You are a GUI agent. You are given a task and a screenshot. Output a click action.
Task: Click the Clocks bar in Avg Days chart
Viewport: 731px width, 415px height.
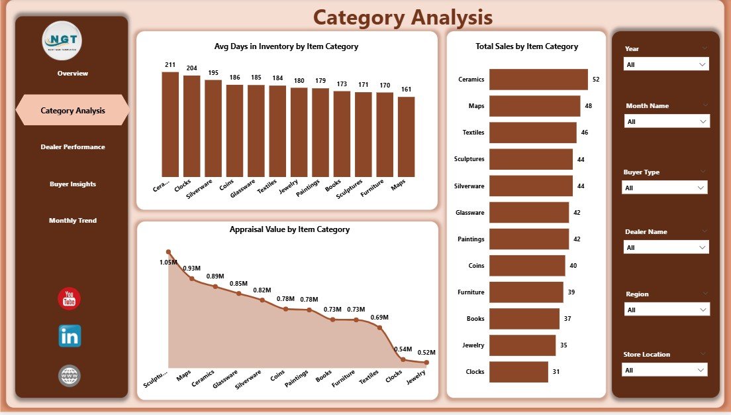(192, 126)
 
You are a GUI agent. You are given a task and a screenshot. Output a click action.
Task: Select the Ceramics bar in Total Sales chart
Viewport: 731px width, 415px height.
(538, 80)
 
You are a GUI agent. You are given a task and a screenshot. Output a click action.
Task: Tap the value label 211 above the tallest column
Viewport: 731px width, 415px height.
(170, 65)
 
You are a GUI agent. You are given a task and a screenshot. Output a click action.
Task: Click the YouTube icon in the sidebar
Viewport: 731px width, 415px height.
(70, 299)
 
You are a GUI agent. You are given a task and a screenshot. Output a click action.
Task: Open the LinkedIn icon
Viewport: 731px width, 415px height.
(70, 336)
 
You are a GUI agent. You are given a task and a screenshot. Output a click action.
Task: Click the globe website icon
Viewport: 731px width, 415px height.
(70, 376)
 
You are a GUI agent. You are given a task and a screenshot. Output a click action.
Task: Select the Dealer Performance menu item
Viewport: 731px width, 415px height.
(72, 147)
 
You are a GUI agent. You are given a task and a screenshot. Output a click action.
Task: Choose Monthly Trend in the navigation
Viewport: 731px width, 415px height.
(72, 220)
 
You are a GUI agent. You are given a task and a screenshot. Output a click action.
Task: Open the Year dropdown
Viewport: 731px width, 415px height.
(666, 64)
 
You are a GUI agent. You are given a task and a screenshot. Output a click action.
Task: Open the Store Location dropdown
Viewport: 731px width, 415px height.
(665, 370)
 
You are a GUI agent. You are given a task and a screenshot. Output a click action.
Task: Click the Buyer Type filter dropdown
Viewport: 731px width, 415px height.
(665, 188)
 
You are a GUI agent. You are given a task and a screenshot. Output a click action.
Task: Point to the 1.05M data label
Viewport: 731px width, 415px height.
(168, 263)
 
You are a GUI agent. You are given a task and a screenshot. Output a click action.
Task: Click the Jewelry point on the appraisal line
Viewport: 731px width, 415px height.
(426, 363)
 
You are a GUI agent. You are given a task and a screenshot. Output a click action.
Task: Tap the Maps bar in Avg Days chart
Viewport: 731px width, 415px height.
(407, 137)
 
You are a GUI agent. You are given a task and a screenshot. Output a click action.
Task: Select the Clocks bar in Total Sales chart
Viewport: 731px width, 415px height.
(518, 372)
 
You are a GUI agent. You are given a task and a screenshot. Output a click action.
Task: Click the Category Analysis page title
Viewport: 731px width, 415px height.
(403, 17)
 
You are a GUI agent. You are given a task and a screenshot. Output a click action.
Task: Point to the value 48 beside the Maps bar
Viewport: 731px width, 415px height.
(588, 106)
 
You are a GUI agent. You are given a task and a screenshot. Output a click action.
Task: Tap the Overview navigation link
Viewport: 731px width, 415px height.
(72, 73)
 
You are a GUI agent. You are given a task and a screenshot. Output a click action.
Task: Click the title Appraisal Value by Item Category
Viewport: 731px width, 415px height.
(289, 229)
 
